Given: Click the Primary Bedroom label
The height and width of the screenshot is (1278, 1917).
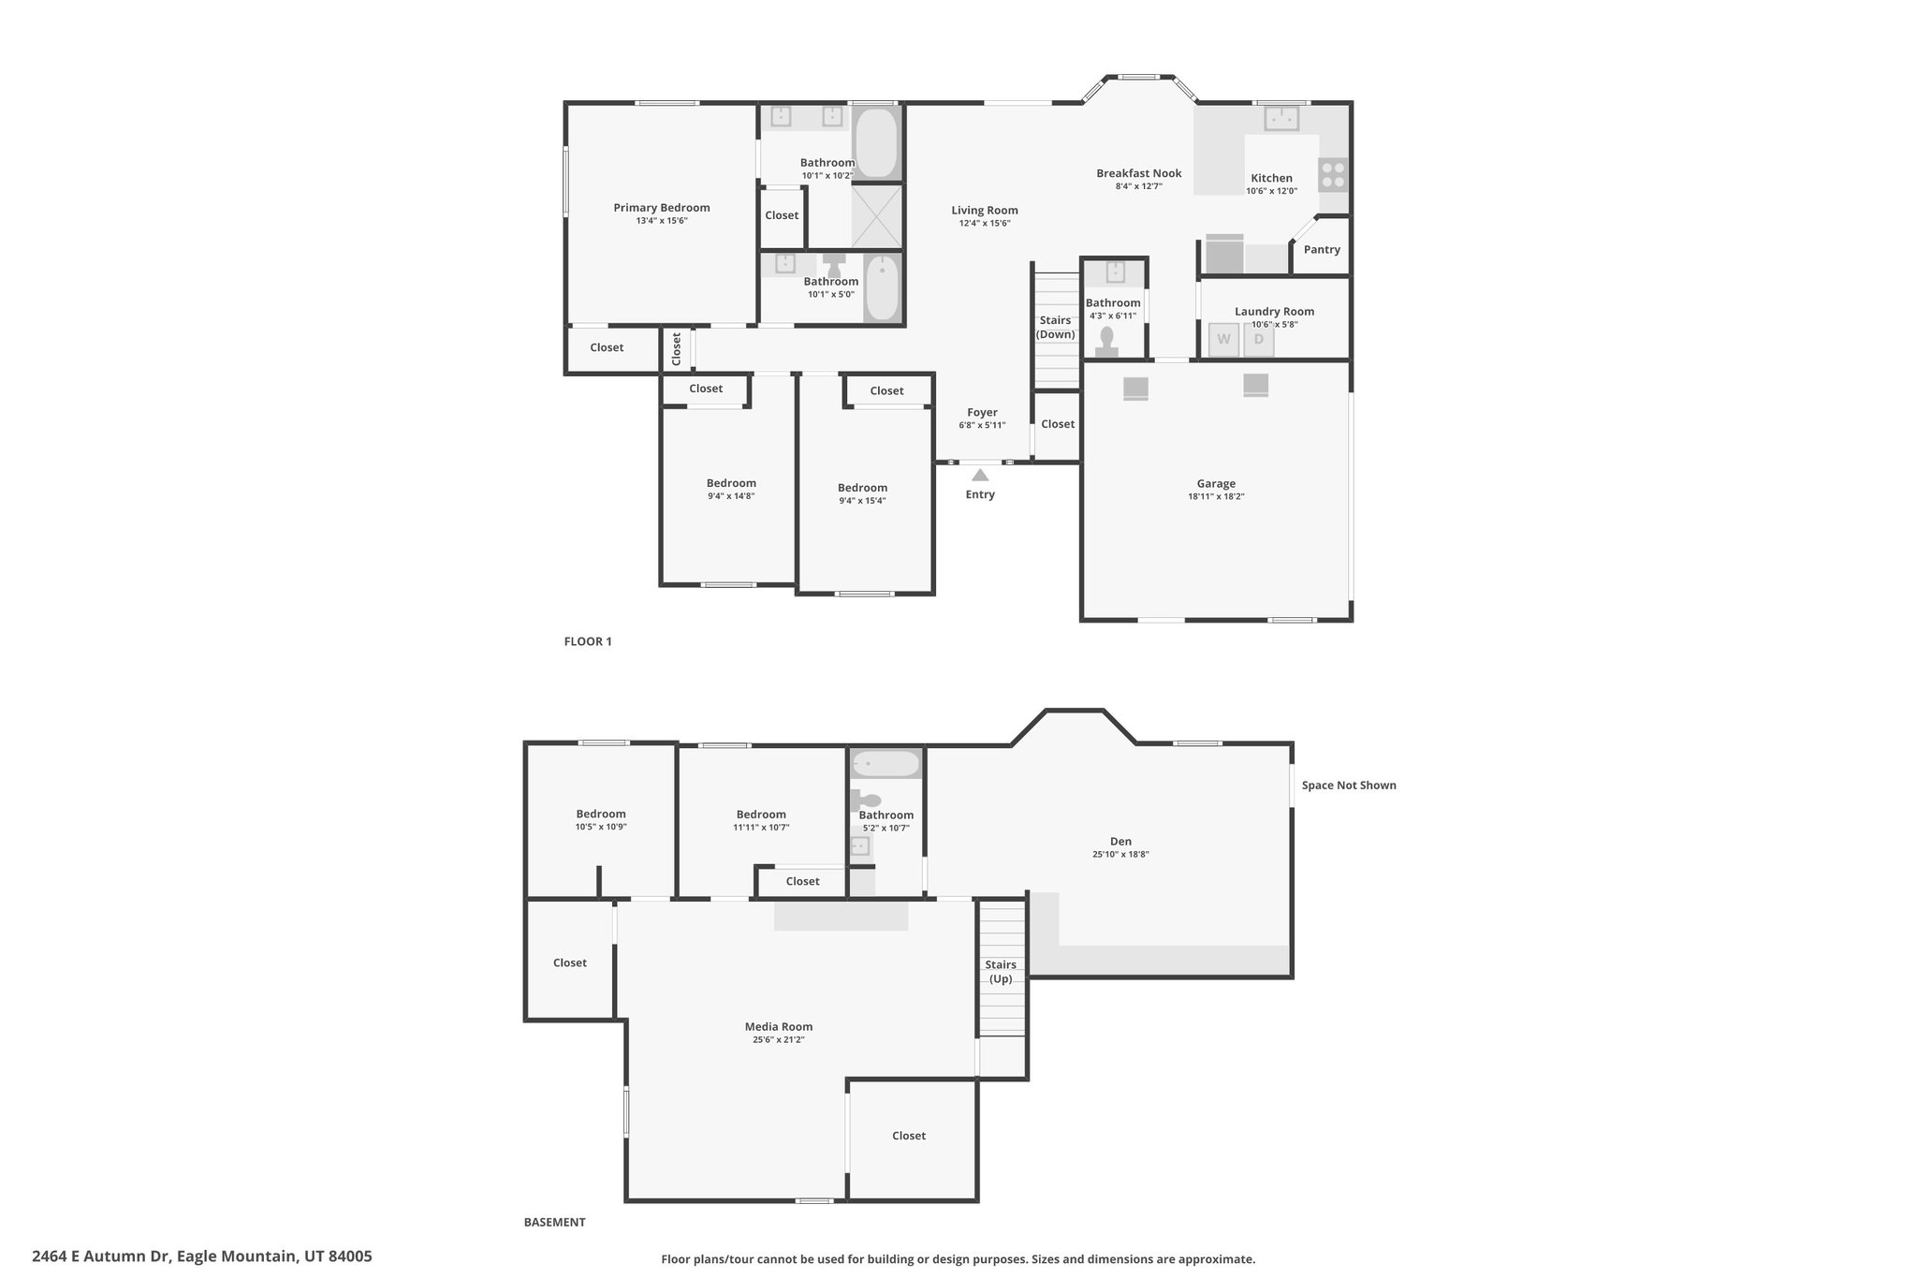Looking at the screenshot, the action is (x=662, y=208).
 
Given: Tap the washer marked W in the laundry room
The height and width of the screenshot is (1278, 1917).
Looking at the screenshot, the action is (x=1223, y=340).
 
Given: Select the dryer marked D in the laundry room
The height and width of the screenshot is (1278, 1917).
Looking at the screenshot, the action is (x=1259, y=340).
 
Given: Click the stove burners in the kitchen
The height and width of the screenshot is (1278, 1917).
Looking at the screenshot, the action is (x=1333, y=174).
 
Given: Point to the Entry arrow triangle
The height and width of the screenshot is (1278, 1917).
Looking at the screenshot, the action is (x=980, y=475).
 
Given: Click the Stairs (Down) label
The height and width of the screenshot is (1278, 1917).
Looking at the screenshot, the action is (x=1056, y=328).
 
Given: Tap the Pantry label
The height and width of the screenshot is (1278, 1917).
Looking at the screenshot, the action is (x=1322, y=250).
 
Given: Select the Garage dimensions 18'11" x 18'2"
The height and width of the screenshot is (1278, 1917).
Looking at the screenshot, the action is (x=1216, y=497).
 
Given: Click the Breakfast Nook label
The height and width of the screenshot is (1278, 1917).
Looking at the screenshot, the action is (x=1139, y=173).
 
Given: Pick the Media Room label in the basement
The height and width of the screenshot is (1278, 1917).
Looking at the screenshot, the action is (x=779, y=1026).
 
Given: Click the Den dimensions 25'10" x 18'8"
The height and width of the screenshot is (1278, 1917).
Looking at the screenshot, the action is (x=1120, y=854).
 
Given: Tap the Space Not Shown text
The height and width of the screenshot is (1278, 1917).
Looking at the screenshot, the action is (x=1349, y=786).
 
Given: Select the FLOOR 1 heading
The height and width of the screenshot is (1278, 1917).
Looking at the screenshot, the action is (x=588, y=641).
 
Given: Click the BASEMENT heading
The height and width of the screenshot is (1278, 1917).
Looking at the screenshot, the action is (x=554, y=1222).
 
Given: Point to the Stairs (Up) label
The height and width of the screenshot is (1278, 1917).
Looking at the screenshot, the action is (x=1001, y=972).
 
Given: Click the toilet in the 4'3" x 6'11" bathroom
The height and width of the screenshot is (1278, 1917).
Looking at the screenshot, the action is (x=1107, y=341).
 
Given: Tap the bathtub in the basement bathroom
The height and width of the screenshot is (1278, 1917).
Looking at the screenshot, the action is (x=885, y=764).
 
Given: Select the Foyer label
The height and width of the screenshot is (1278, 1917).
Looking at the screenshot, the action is (x=982, y=412).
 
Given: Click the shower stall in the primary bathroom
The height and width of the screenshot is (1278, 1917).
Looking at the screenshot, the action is (x=877, y=216).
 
